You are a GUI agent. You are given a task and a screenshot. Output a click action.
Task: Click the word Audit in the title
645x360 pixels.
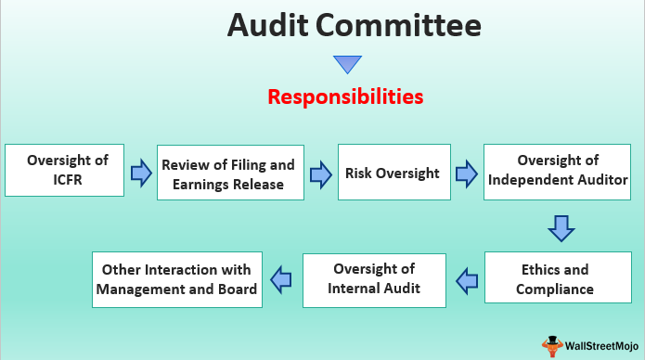tap(267, 25)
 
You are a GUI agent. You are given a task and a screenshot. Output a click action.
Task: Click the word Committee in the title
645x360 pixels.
tap(398, 25)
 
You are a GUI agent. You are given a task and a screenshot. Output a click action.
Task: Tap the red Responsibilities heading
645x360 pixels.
tap(345, 97)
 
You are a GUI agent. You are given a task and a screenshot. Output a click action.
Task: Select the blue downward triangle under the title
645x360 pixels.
tap(348, 65)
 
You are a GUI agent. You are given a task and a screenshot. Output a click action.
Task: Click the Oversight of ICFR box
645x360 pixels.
tap(65, 170)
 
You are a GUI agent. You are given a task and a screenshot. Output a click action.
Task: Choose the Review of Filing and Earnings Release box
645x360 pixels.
tap(230, 173)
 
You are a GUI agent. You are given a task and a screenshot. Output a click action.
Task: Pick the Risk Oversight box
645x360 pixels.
tap(394, 172)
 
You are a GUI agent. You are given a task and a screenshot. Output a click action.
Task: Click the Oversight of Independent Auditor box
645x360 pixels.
tap(557, 172)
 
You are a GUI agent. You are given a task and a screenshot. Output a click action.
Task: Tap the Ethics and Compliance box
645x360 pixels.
tap(558, 277)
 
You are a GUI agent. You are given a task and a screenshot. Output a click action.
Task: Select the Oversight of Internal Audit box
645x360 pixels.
tap(374, 280)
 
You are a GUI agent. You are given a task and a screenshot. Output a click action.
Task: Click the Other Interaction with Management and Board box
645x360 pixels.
tap(177, 280)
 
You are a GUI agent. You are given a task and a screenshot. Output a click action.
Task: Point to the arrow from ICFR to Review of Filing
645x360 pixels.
tap(141, 174)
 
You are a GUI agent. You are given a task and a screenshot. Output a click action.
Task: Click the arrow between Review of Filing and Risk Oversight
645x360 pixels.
tap(321, 174)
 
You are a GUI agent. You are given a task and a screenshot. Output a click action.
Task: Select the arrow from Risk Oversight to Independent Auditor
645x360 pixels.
tap(467, 174)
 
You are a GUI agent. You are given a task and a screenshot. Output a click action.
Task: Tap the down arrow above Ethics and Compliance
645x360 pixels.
tap(561, 228)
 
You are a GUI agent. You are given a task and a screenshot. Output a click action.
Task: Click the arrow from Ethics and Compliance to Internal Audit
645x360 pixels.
tap(467, 281)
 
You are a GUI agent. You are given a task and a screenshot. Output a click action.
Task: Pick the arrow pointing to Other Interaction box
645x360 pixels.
tap(281, 280)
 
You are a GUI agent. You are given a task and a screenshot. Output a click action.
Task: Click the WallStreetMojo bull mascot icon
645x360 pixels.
tap(552, 346)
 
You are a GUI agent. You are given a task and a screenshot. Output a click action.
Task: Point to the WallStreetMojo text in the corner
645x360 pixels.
tap(601, 346)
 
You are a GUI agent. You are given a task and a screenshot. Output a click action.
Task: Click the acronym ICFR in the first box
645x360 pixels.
tap(68, 180)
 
